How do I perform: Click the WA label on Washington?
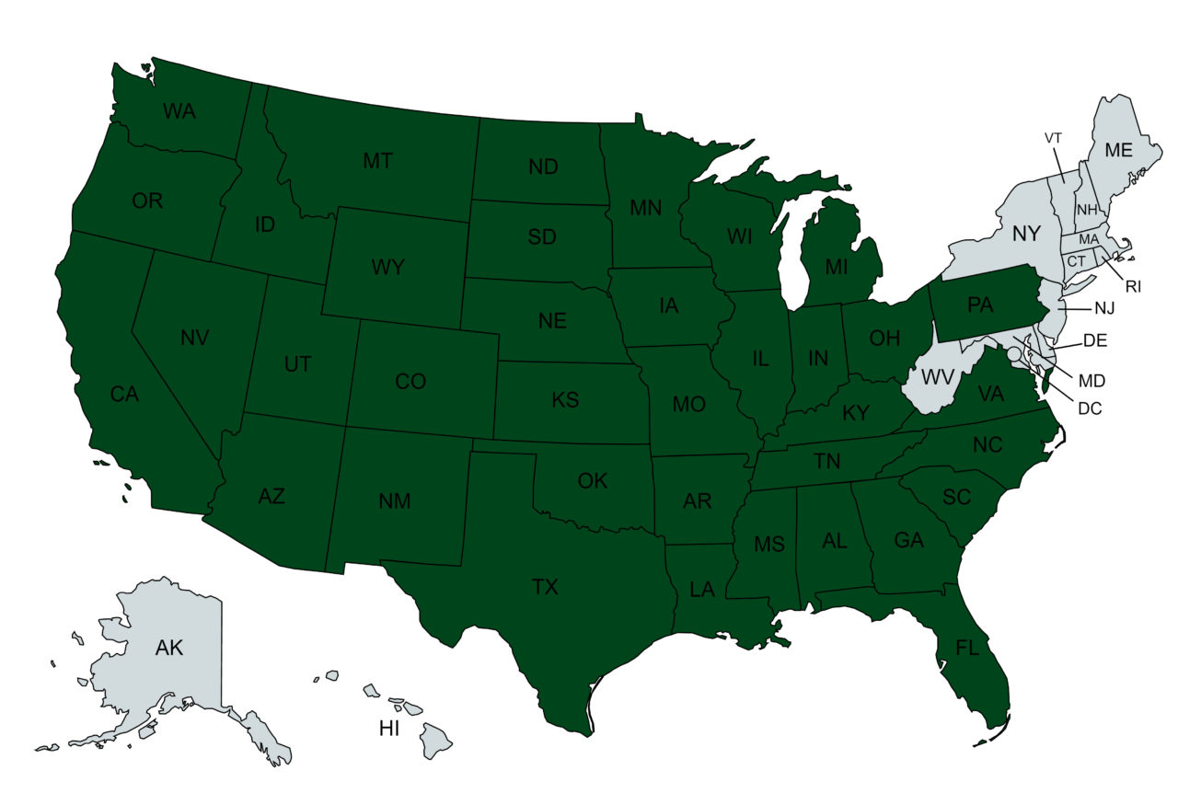pyautogui.click(x=179, y=111)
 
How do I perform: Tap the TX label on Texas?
pyautogui.click(x=545, y=587)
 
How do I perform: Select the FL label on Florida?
pyautogui.click(x=966, y=648)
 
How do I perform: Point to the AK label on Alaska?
pyautogui.click(x=169, y=648)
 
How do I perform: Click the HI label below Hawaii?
pyautogui.click(x=390, y=729)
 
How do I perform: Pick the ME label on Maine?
pyautogui.click(x=1118, y=149)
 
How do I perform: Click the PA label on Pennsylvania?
pyautogui.click(x=980, y=305)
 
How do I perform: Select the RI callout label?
pyautogui.click(x=1133, y=286)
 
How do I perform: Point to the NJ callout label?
pyautogui.click(x=1105, y=307)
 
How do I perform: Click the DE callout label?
pyautogui.click(x=1094, y=341)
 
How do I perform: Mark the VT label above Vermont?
pyautogui.click(x=1053, y=137)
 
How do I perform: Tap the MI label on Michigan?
pyautogui.click(x=836, y=268)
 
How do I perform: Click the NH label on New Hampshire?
pyautogui.click(x=1087, y=209)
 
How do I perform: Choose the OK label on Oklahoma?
pyautogui.click(x=592, y=480)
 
